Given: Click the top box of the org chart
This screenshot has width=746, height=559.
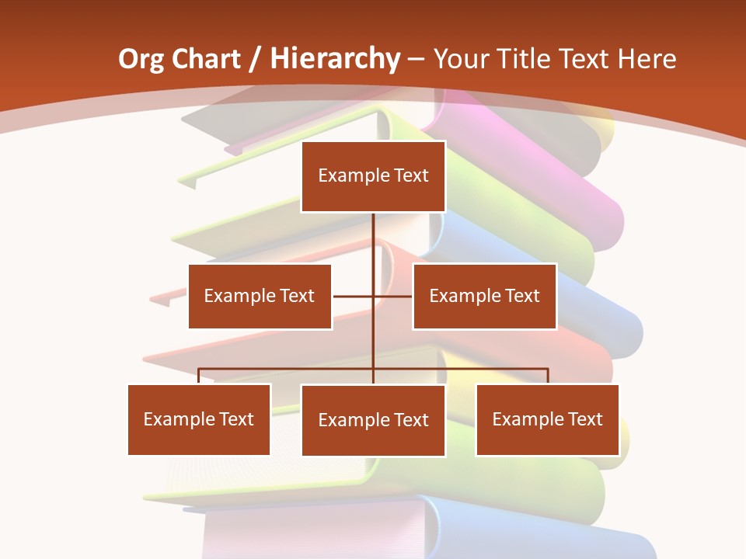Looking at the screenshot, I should point(373,176).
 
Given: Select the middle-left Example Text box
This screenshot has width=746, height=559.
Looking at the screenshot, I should point(260,296).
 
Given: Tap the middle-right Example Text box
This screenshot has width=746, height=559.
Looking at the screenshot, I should point(484,296).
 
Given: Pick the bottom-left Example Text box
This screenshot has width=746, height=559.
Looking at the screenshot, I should point(199,419).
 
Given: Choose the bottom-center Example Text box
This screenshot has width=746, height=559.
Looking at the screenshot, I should point(373,420).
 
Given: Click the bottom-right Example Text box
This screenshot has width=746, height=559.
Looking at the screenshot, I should point(547,419).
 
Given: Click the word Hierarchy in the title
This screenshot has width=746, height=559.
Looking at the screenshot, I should point(335,59).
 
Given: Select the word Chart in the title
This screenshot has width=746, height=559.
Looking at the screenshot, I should point(207,59).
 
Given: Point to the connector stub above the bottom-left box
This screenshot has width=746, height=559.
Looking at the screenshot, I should point(199,375).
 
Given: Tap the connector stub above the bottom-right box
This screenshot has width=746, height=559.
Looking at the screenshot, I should point(548,375).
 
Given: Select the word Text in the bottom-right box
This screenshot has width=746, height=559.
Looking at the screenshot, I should point(584,419).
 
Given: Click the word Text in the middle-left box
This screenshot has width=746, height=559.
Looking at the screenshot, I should point(296,296).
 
